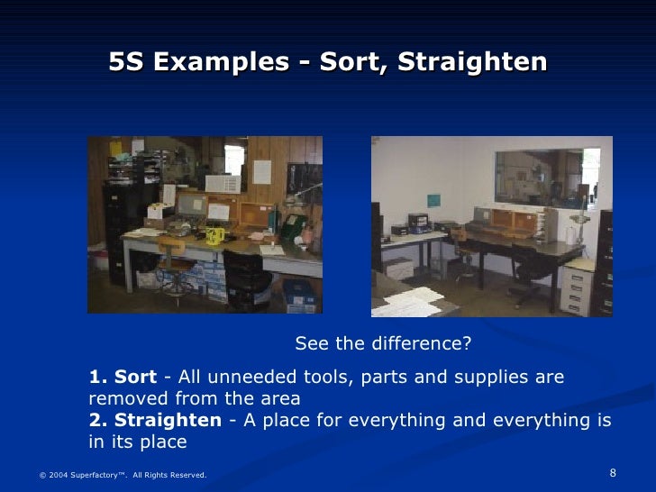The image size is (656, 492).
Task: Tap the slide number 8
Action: point(613,474)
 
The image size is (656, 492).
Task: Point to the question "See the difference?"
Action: point(383,344)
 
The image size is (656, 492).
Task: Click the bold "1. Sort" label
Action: point(123,377)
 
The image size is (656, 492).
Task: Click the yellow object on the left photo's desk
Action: point(214,235)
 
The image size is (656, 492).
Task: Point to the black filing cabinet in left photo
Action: point(117,225)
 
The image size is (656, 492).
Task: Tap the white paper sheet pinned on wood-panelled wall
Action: point(262,171)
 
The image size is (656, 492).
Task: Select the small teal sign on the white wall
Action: point(433,198)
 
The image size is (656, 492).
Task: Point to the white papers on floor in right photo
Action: point(405,303)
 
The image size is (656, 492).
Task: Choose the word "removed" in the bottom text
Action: point(128,398)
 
